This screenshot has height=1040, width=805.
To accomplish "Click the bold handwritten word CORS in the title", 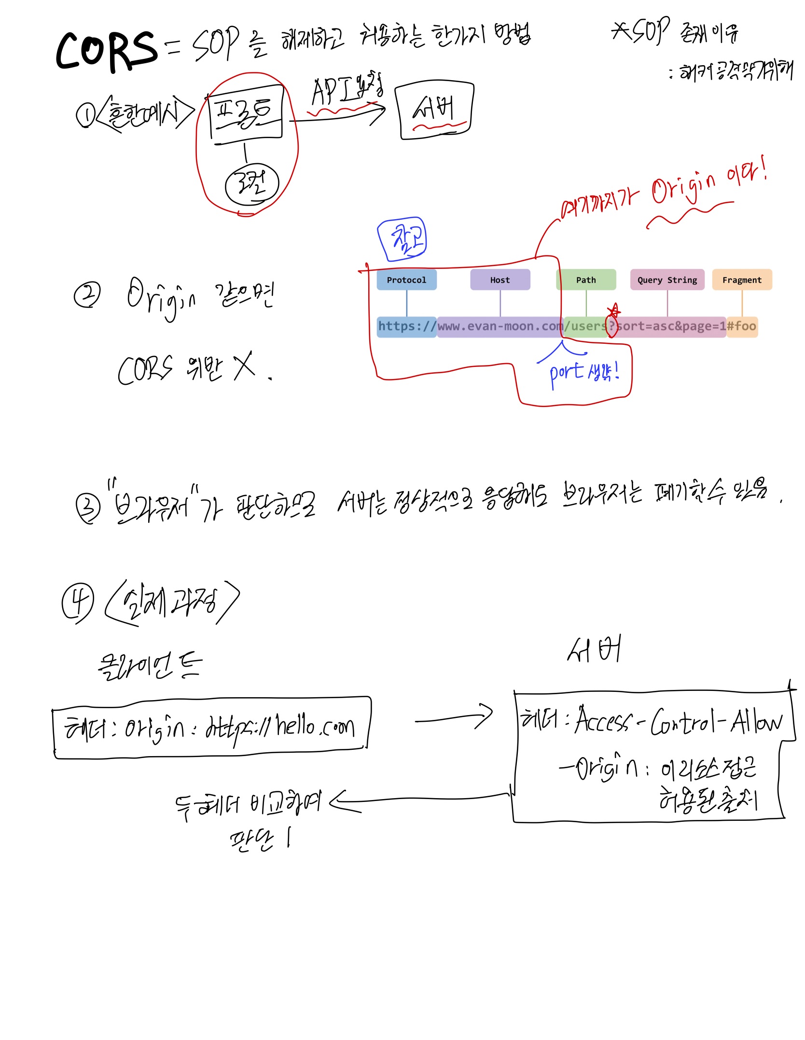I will [x=107, y=50].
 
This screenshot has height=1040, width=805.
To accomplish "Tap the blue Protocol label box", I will [x=406, y=280].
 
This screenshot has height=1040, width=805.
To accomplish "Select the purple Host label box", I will [x=500, y=280].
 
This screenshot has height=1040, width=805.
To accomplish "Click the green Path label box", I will [x=586, y=280].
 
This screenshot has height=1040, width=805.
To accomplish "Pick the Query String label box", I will [x=667, y=280].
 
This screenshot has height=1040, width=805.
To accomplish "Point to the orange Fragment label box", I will [x=742, y=280].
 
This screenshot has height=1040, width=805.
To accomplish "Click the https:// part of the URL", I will [x=407, y=326].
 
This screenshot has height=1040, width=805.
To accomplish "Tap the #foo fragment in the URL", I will [x=742, y=326].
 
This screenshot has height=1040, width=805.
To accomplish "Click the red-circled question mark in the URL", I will [x=611, y=326].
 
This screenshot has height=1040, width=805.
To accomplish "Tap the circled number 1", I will [x=85, y=115].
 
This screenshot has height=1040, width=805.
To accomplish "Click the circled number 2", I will [x=87, y=295].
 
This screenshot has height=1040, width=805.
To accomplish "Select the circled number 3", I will [x=88, y=507].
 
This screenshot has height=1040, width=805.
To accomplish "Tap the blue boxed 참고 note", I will [x=402, y=239].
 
